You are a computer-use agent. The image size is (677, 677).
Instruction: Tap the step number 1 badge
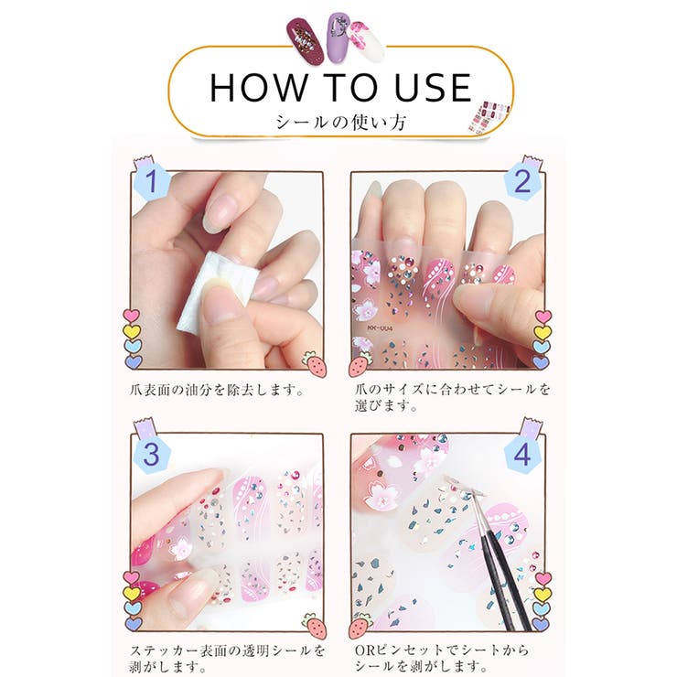click(x=150, y=181)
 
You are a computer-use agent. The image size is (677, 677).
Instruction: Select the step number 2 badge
click(x=522, y=181)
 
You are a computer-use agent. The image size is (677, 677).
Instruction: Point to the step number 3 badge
click(x=151, y=454)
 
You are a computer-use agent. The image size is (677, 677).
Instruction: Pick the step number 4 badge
click(x=522, y=454)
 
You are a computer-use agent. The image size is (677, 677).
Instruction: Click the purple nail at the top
click(x=338, y=38)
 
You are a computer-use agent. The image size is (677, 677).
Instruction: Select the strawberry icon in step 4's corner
click(x=360, y=625)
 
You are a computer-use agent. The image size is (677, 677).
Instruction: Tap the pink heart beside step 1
click(x=132, y=316)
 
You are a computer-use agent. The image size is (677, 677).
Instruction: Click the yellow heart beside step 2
click(x=543, y=331)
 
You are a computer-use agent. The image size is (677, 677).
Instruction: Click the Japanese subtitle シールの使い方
click(x=340, y=123)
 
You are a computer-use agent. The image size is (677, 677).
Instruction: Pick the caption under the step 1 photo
click(x=216, y=391)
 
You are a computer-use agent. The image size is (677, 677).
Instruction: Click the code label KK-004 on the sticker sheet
click(x=380, y=328)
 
